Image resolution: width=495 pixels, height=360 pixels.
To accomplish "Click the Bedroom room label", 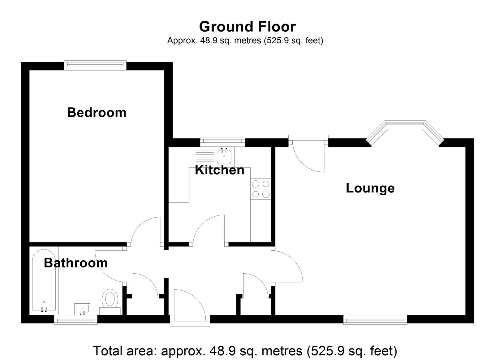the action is (x=97, y=113).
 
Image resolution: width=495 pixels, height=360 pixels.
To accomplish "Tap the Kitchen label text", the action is (x=219, y=170).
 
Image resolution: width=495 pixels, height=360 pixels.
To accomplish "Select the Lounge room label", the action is (x=370, y=189).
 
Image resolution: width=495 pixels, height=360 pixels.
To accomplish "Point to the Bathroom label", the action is (x=75, y=263).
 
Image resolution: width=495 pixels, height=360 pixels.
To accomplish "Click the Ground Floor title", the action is (x=247, y=27).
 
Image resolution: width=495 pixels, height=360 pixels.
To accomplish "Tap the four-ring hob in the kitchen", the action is (x=261, y=189).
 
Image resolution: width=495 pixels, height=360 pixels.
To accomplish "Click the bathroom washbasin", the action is (x=82, y=309).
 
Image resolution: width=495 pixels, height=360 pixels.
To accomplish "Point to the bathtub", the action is (x=44, y=281).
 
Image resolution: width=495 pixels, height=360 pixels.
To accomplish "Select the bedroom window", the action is (x=95, y=65).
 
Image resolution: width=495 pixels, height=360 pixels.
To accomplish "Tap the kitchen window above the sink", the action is (x=222, y=141).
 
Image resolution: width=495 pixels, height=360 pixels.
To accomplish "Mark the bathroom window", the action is (x=76, y=319).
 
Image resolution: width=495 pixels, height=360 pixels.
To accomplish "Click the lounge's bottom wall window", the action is (x=375, y=319).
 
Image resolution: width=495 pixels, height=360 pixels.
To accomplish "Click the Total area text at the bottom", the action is (x=245, y=351).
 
